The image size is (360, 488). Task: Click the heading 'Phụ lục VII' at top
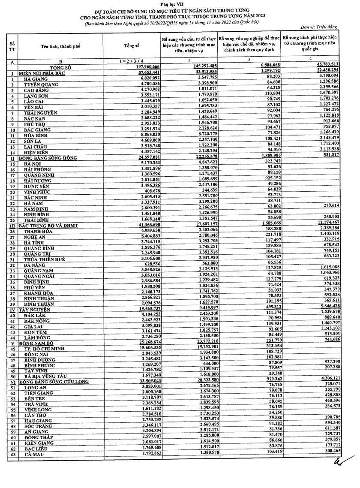point(180,4)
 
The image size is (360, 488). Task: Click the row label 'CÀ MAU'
point(35,454)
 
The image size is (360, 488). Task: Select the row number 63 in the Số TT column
point(12,454)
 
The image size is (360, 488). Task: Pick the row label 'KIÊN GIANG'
point(39,442)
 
